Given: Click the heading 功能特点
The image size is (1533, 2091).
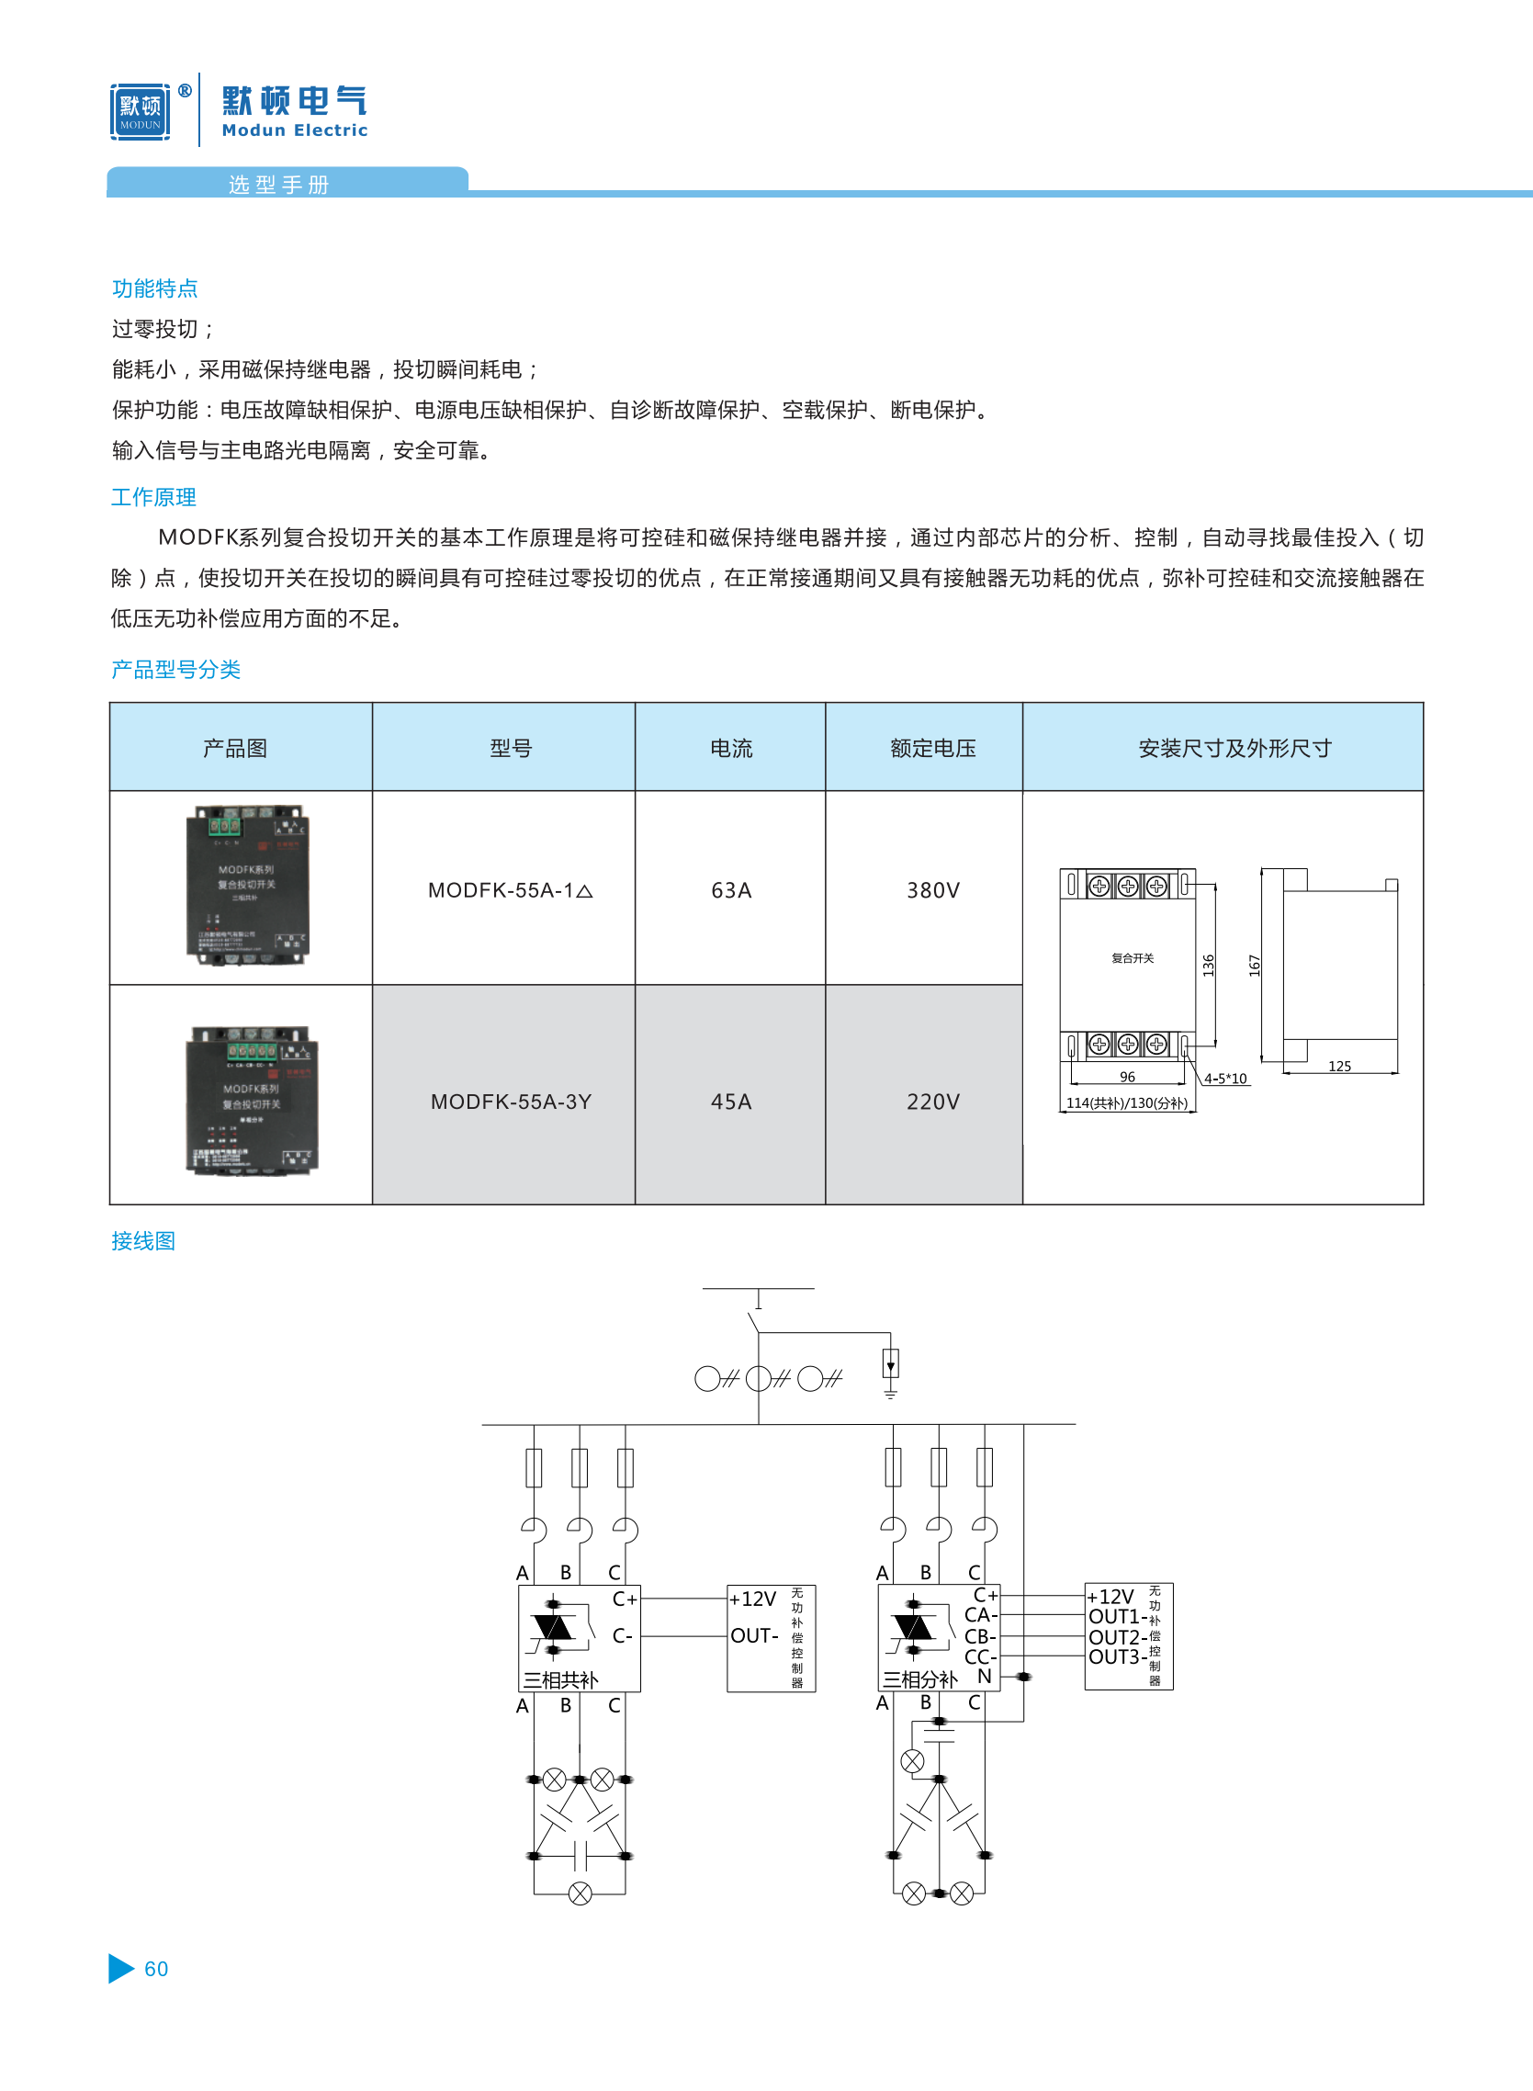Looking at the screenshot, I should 155,288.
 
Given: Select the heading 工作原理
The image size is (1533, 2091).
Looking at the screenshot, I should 154,497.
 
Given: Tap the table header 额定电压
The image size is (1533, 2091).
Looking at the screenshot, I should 932,748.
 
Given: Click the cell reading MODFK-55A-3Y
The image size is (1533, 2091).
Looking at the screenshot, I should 511,1102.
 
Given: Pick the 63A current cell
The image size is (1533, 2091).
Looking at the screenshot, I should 731,890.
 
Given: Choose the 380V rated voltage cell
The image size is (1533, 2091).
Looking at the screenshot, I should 932,890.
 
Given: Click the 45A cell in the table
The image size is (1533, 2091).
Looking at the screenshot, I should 731,1102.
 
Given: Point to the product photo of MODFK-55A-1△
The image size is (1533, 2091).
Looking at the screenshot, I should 246,886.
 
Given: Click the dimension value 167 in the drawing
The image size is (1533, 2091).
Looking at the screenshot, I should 1255,966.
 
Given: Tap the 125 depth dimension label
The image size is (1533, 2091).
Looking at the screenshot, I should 1339,1067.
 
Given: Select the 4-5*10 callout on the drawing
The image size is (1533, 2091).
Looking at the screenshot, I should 1225,1079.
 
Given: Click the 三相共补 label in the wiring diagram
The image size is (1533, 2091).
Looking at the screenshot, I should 560,1679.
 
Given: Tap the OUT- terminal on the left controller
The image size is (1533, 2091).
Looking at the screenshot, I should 754,1635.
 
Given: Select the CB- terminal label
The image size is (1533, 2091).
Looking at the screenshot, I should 980,1636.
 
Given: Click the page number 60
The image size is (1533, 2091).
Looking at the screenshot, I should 156,1969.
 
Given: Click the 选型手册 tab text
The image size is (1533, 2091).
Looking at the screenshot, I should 279,185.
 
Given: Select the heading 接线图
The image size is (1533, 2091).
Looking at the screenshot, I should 144,1241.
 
